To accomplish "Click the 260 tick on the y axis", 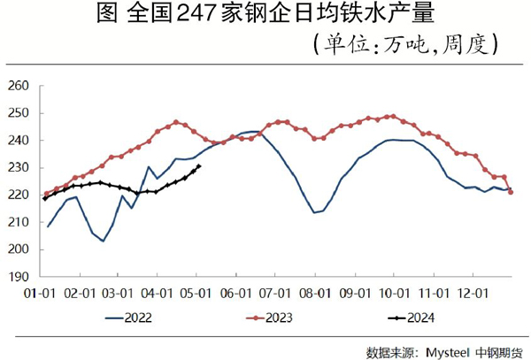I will point(19,86).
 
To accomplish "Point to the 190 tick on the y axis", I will point(19,276).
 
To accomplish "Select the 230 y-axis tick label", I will point(19,167).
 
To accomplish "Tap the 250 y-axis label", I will point(19,113).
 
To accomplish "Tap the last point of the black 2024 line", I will point(198,166).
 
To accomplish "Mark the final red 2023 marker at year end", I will point(511,192).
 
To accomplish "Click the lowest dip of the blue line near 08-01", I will point(314,212).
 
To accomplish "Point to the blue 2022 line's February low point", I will point(104,241).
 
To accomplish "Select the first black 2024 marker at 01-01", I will point(45,198).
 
